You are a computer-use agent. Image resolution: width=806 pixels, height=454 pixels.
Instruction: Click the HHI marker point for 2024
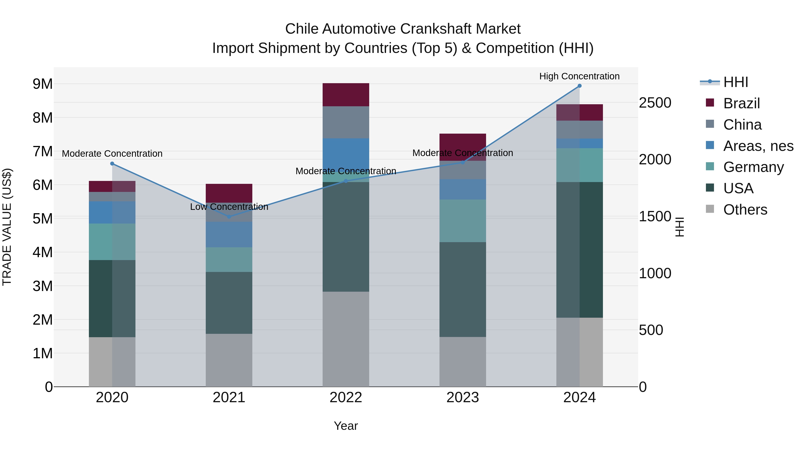[579, 86]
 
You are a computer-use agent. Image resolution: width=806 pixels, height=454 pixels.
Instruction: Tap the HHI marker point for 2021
[229, 217]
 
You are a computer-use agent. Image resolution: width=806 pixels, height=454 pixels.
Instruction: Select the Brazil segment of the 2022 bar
[346, 95]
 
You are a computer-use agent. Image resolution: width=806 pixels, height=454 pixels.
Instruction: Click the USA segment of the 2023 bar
[463, 289]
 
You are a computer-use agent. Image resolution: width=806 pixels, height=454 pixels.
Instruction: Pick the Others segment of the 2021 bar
[229, 360]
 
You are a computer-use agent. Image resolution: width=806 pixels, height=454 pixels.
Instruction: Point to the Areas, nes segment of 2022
[346, 154]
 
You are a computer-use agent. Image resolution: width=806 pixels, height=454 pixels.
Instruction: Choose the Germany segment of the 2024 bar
[579, 165]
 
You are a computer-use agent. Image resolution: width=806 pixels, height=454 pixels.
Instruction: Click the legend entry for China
[742, 125]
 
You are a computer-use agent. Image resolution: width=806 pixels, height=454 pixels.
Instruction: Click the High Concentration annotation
[579, 76]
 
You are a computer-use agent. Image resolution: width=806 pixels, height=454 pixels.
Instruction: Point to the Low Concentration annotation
[229, 207]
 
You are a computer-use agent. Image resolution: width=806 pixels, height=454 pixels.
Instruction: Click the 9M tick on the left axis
[43, 84]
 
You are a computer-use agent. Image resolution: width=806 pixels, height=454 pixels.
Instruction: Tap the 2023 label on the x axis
[463, 398]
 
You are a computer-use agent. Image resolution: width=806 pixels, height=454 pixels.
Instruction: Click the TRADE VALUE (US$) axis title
[7, 227]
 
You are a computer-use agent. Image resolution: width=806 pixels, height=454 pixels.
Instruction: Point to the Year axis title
[346, 426]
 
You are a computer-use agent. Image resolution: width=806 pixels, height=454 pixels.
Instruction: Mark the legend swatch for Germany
[710, 166]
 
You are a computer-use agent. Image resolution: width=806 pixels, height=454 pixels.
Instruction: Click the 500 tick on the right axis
[651, 330]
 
